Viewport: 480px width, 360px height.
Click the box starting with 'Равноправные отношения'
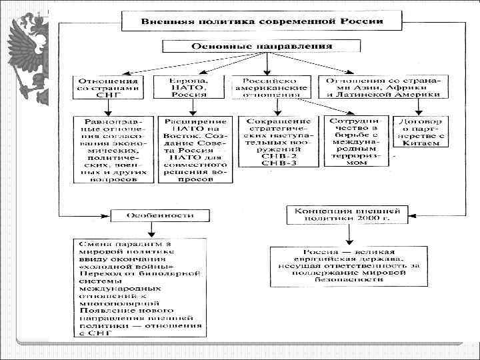111,150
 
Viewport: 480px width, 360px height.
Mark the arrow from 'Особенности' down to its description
151,229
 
